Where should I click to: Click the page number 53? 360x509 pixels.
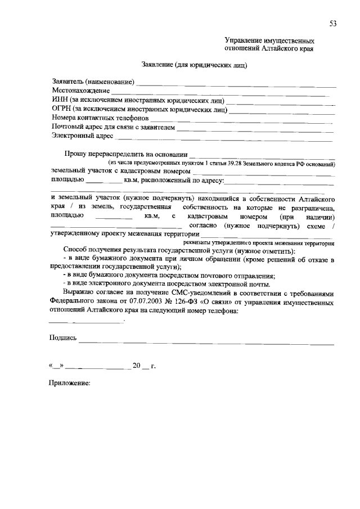tap(333, 22)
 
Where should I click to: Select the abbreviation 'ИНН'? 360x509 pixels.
tap(59, 100)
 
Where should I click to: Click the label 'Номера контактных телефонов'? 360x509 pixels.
tap(100, 119)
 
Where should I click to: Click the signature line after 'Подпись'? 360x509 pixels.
tap(206, 342)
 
